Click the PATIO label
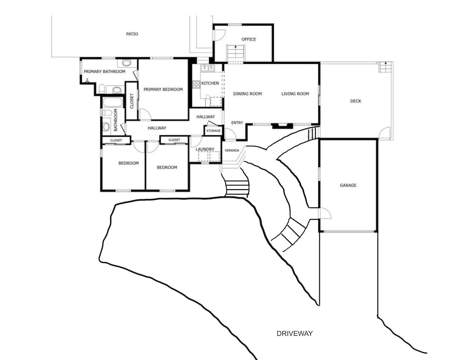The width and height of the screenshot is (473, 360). pyautogui.click(x=132, y=34)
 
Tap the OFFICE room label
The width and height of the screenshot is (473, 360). pyautogui.click(x=249, y=39)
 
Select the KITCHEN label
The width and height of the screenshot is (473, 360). pyautogui.click(x=210, y=83)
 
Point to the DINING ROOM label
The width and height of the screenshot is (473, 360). pyautogui.click(x=247, y=94)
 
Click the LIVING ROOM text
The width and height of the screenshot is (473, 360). pyautogui.click(x=295, y=94)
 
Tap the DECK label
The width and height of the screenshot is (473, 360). pyautogui.click(x=356, y=101)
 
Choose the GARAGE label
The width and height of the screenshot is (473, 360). pyautogui.click(x=348, y=185)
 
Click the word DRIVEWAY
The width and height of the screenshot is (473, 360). pyautogui.click(x=295, y=334)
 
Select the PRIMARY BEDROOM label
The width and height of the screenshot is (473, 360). pyautogui.click(x=163, y=89)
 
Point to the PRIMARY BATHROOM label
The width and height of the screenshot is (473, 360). pyautogui.click(x=105, y=71)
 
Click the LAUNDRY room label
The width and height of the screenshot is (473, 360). pyautogui.click(x=205, y=149)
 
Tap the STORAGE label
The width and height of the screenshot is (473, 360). pyautogui.click(x=214, y=131)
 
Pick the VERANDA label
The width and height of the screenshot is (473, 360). pyautogui.click(x=232, y=150)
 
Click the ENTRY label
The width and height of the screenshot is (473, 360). pyautogui.click(x=237, y=123)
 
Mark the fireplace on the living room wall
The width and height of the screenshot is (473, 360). pyautogui.click(x=283, y=126)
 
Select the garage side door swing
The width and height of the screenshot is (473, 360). pyautogui.click(x=325, y=213)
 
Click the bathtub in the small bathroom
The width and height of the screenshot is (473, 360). pyautogui.click(x=113, y=102)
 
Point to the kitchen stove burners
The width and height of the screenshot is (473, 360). pyautogui.click(x=197, y=84)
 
